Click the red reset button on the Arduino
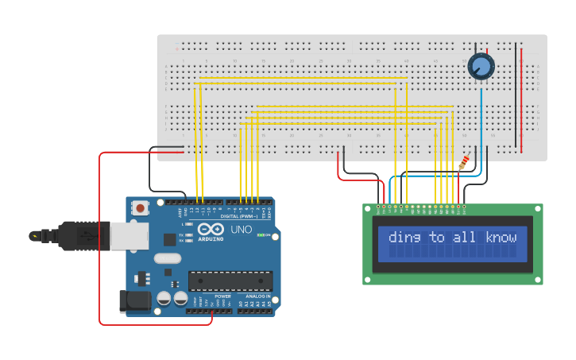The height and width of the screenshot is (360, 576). coord(141,208)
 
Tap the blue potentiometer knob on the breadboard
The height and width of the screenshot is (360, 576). coord(481,67)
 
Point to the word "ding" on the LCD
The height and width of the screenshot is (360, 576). coord(404,237)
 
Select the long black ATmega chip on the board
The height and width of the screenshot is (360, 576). coord(230,281)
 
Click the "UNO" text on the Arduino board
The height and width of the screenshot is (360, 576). coord(242,230)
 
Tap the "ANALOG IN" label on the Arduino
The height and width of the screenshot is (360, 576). coord(256,296)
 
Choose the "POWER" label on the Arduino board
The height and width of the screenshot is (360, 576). coord(223,296)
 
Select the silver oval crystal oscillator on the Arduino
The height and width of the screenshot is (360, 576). coord(168,258)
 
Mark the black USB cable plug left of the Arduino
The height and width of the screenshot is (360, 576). coord(75,236)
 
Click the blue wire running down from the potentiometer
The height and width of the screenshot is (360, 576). coord(481,119)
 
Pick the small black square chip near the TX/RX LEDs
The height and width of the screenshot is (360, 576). coord(169,239)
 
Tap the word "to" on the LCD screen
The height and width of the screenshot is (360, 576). coord(437,237)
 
